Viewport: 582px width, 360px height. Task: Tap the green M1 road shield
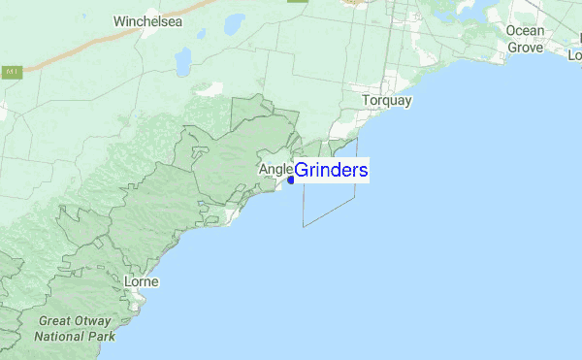pyautogui.click(x=12, y=72)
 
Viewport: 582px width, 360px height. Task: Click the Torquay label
pyautogui.click(x=387, y=100)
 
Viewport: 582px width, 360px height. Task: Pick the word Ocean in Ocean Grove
pyautogui.click(x=525, y=30)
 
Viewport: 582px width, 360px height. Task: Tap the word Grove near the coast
pyautogui.click(x=526, y=46)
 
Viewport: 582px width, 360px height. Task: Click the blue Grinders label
pyautogui.click(x=330, y=171)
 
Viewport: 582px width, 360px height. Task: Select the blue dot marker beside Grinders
pyautogui.click(x=290, y=180)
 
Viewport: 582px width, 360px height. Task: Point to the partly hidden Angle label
pyautogui.click(x=275, y=170)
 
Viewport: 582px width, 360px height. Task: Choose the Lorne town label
pyautogui.click(x=142, y=282)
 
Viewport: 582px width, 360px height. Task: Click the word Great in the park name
pyautogui.click(x=57, y=321)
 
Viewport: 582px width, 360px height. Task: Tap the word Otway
pyautogui.click(x=96, y=321)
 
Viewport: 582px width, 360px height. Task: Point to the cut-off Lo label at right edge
pyautogui.click(x=573, y=55)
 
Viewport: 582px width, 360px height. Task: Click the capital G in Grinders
pyautogui.click(x=302, y=171)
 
